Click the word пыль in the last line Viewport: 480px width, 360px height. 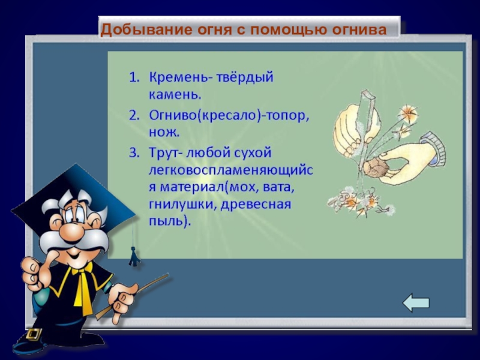(168, 222)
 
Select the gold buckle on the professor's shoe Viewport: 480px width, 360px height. (34, 334)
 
